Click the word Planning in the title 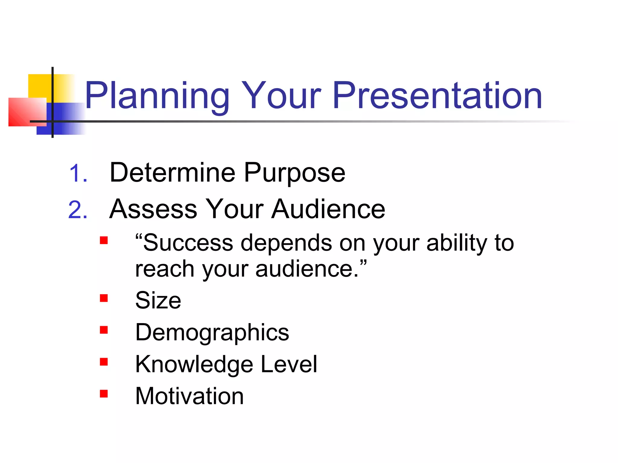[157, 96]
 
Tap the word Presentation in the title [437, 96]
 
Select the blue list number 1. [78, 174]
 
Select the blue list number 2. [78, 210]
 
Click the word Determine [172, 172]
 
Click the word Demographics [212, 333]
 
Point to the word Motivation [190, 396]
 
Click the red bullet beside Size [104, 298]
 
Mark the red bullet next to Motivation [104, 394]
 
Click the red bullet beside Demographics [104, 330]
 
